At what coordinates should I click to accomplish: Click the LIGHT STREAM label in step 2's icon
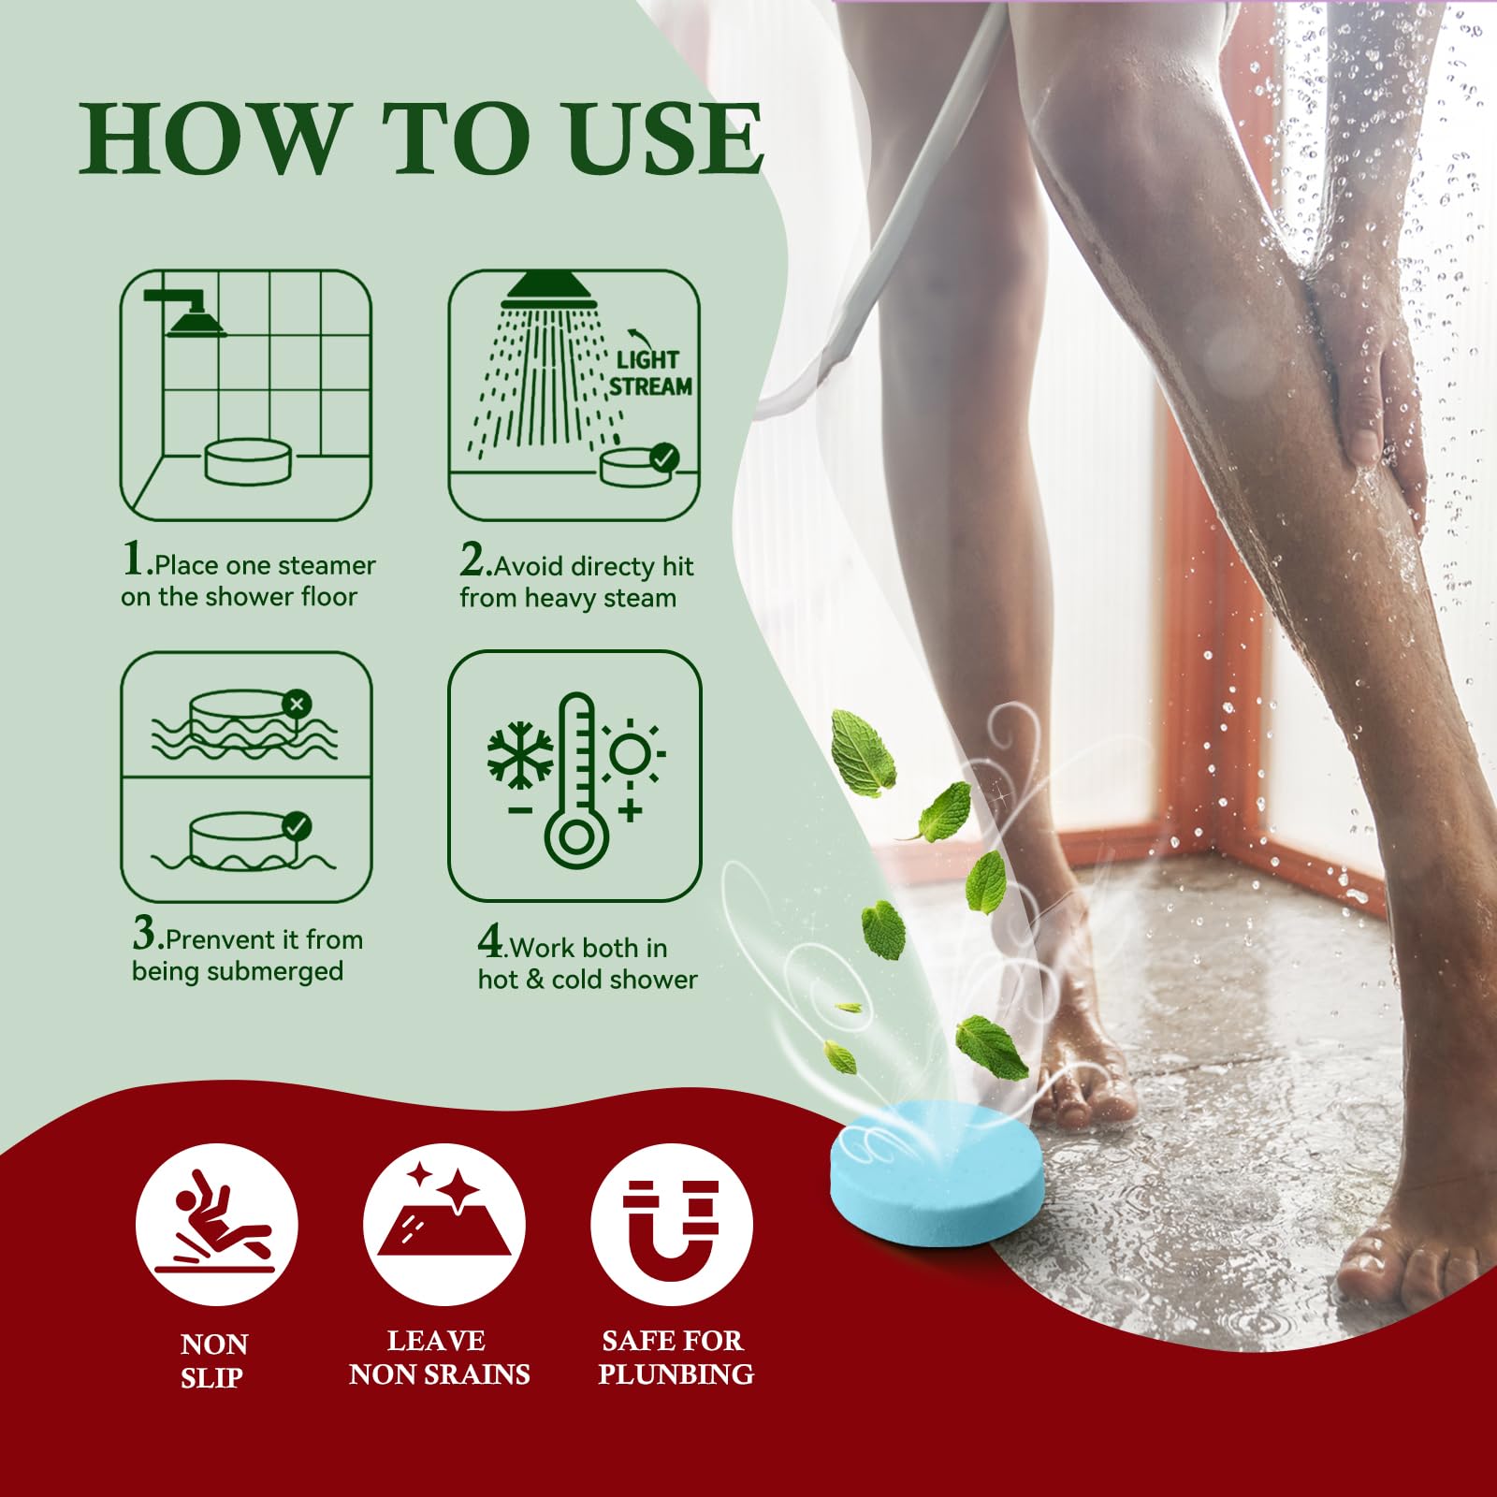coord(650,372)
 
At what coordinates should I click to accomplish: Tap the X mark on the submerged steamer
coord(298,704)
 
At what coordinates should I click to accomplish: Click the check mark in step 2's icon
coord(664,458)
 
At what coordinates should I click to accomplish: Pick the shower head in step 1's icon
coord(194,320)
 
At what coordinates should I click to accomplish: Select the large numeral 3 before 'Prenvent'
coord(144,933)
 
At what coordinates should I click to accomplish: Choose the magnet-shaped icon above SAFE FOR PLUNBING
coord(671,1226)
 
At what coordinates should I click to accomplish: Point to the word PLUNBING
coord(676,1374)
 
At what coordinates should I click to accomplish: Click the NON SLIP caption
coord(213,1360)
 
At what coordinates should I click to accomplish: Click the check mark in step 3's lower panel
coord(297,827)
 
